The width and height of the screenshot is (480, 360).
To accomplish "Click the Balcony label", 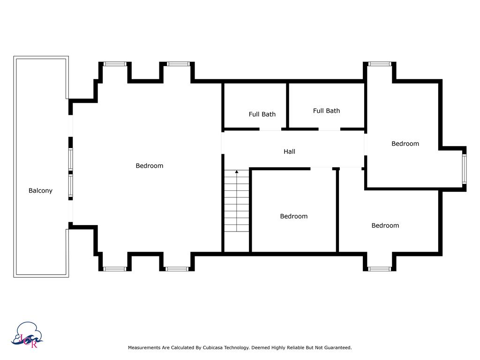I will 40,191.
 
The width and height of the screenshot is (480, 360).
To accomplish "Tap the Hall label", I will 289,151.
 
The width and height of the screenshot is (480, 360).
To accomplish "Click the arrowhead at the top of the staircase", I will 237,172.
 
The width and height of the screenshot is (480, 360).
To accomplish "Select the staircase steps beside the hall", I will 237,202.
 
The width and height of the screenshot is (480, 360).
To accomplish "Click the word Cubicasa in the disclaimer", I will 214,348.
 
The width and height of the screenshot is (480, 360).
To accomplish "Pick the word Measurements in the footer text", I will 143,348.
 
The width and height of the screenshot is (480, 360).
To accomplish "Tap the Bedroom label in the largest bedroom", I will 149,165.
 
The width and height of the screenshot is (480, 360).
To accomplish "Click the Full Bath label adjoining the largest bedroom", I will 262,114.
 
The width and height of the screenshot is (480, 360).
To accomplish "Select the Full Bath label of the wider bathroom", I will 326,111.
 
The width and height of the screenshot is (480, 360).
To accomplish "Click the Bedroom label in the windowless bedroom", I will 294,216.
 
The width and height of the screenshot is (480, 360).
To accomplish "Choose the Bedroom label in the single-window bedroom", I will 385,225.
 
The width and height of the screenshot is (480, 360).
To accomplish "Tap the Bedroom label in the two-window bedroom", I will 405,143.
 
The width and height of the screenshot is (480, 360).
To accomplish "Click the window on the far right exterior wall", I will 464,169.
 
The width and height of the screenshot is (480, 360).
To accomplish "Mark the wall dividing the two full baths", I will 287,105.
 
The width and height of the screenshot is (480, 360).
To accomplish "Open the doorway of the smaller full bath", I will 270,129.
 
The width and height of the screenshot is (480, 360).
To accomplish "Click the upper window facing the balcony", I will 71,159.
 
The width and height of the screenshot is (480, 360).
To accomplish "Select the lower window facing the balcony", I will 71,185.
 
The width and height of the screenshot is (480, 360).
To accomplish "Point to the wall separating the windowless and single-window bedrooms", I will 337,211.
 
